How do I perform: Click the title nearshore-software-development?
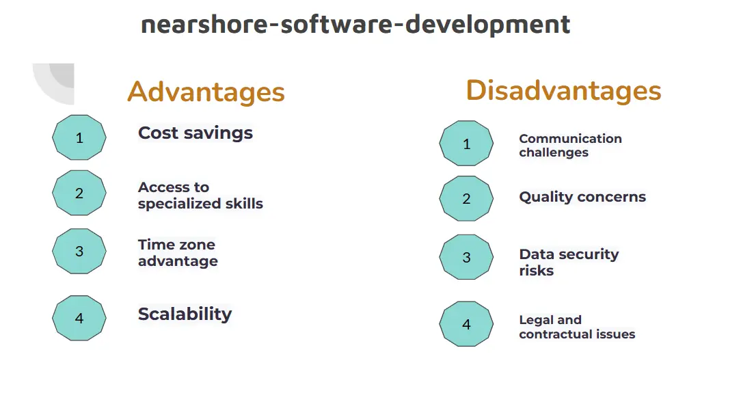(355, 25)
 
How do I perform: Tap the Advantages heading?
(206, 92)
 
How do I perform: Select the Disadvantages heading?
(563, 90)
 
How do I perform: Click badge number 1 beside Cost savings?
(79, 137)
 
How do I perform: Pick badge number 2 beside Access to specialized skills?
(79, 193)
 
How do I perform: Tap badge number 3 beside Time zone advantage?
(79, 252)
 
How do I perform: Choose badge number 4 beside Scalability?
(79, 318)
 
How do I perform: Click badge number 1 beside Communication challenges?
(466, 143)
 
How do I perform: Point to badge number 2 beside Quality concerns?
(466, 198)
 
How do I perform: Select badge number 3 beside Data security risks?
(466, 257)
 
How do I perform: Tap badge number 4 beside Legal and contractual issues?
(466, 324)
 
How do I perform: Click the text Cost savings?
(196, 133)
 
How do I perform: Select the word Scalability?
(185, 314)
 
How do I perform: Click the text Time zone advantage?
(178, 253)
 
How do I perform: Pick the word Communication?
(570, 138)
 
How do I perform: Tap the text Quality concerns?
(582, 197)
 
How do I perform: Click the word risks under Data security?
(537, 271)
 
